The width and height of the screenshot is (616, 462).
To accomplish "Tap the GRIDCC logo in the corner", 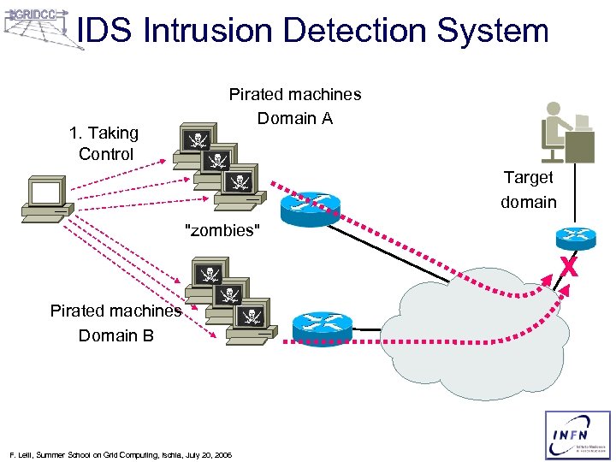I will pos(38,26).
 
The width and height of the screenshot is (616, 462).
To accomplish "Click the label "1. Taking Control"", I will pos(104,144).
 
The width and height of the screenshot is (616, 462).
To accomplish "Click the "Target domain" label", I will pos(528,189).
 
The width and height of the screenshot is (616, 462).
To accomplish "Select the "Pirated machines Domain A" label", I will pos(294,106).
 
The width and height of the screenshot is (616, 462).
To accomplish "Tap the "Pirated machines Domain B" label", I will pos(115,323).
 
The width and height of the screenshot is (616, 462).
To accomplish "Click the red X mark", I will pos(567,266).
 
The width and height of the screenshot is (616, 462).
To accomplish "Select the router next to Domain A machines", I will pos(314,204).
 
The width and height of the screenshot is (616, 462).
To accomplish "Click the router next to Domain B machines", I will pos(322,326).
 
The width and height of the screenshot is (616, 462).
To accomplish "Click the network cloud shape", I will pos(483,334).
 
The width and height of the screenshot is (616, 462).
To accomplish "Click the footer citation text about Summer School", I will pos(119,453).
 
